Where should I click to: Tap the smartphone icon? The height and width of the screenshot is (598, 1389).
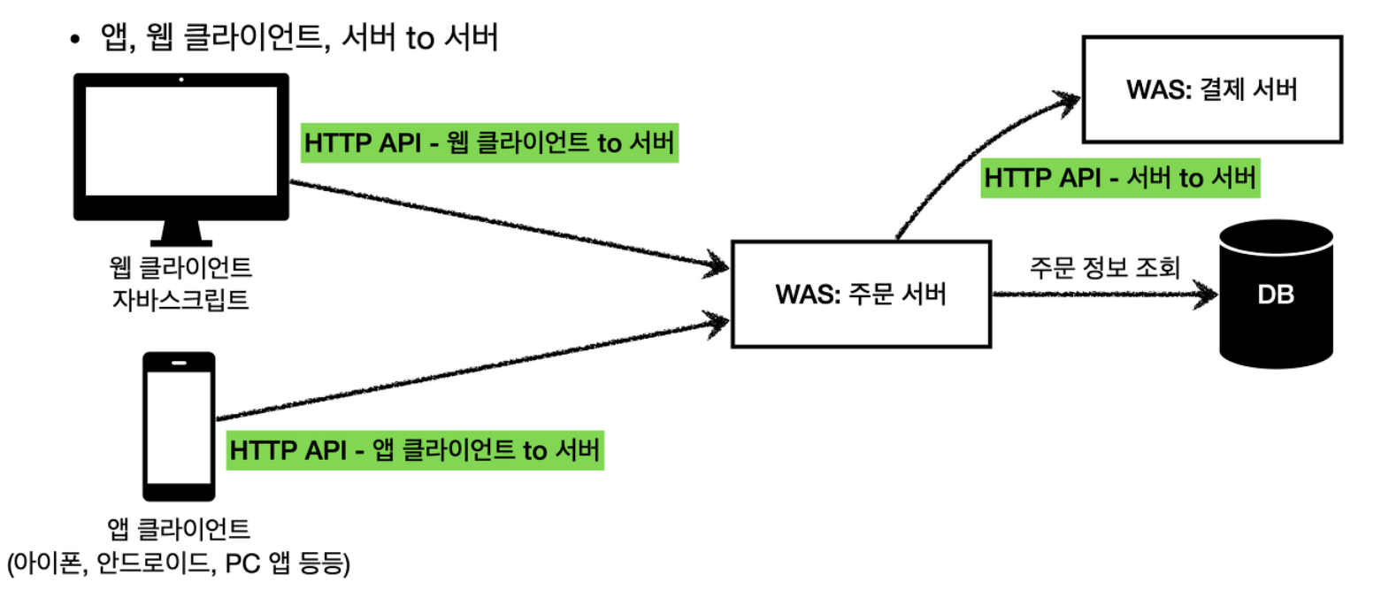179,425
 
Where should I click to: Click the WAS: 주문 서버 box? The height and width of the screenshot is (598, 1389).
860,294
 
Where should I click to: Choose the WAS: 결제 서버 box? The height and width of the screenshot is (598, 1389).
1211,89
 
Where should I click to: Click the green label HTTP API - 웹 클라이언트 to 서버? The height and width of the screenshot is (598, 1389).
489,142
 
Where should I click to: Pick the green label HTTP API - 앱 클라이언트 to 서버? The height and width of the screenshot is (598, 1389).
415,450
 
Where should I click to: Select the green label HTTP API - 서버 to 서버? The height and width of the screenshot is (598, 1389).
1119,178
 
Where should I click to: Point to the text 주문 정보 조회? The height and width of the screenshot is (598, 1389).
1104,267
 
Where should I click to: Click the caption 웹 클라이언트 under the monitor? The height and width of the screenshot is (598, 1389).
180,266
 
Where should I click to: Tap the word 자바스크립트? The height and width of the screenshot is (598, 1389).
180,300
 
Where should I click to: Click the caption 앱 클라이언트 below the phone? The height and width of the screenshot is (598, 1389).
179,528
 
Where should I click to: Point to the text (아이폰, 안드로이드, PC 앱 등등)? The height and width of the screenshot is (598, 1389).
179,563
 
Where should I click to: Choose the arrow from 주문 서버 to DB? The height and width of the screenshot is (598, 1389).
1101,294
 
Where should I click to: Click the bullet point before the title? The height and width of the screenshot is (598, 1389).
75,39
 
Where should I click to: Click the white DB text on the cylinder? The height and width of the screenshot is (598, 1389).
1276,295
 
